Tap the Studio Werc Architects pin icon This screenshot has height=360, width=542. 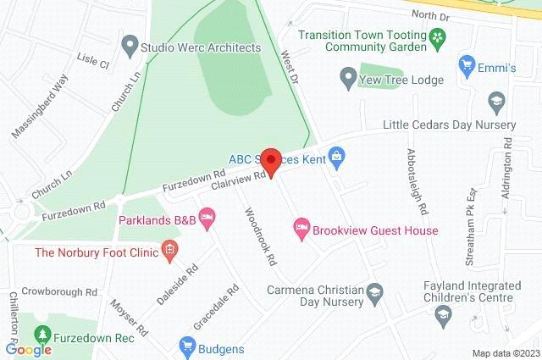[130, 43]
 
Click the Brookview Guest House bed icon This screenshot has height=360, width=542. [300, 227]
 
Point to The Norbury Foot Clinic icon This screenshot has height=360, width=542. [170, 248]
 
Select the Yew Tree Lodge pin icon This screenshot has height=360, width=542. [346, 80]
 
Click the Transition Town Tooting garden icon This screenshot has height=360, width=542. [436, 36]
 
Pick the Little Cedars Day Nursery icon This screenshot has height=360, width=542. [496, 102]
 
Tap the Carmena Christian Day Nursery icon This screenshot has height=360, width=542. [374, 294]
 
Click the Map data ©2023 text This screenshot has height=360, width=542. [505, 352]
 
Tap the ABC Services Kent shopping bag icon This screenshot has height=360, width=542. [337, 156]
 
